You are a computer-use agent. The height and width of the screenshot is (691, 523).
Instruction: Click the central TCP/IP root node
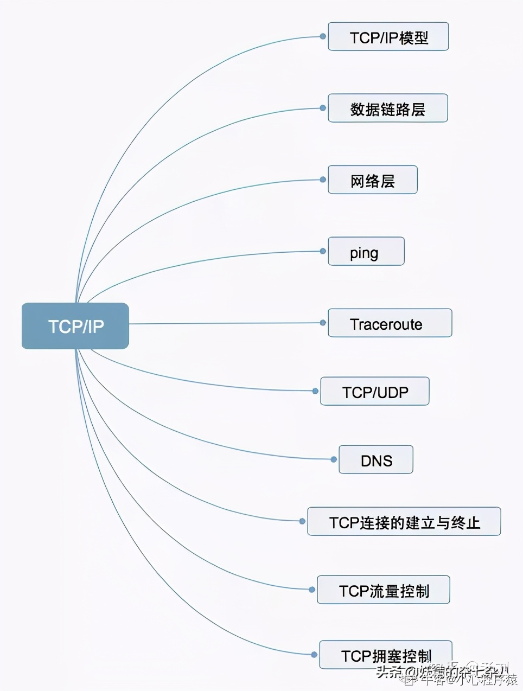pyautogui.click(x=75, y=326)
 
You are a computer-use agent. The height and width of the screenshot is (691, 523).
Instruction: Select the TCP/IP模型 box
pyautogui.click(x=388, y=37)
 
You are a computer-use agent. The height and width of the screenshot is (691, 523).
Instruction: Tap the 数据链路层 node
pyautogui.click(x=388, y=108)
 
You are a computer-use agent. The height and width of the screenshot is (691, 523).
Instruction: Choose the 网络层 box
pyautogui.click(x=373, y=180)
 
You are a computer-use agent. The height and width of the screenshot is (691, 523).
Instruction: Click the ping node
pyautogui.click(x=366, y=252)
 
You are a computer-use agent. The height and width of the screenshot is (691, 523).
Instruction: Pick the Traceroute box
pyautogui.click(x=390, y=323)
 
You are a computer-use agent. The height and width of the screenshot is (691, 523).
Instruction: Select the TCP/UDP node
pyautogui.click(x=375, y=392)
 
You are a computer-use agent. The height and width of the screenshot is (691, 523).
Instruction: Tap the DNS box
pyautogui.click(x=376, y=460)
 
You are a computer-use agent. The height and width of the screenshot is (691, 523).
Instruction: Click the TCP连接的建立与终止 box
pyautogui.click(x=404, y=522)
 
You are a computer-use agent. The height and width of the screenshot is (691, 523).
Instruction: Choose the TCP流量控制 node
pyautogui.click(x=384, y=590)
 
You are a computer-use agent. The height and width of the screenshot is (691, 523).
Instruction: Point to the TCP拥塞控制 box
pyautogui.click(x=386, y=655)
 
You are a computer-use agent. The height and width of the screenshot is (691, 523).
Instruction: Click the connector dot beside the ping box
pyautogui.click(x=323, y=251)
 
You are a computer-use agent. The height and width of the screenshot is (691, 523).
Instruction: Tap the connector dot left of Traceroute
pyautogui.click(x=323, y=323)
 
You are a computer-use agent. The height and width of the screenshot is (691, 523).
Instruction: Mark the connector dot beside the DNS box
pyautogui.click(x=334, y=459)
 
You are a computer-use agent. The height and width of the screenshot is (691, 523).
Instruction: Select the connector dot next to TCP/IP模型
pyautogui.click(x=323, y=36)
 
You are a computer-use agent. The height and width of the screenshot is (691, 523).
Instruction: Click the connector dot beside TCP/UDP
pyautogui.click(x=315, y=391)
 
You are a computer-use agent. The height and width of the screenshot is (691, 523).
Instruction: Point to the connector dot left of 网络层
pyautogui.click(x=323, y=180)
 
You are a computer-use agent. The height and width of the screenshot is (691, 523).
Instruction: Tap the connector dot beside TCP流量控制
pyautogui.click(x=312, y=590)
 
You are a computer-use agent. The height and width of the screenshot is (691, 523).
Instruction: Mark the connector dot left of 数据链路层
pyautogui.click(x=323, y=108)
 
